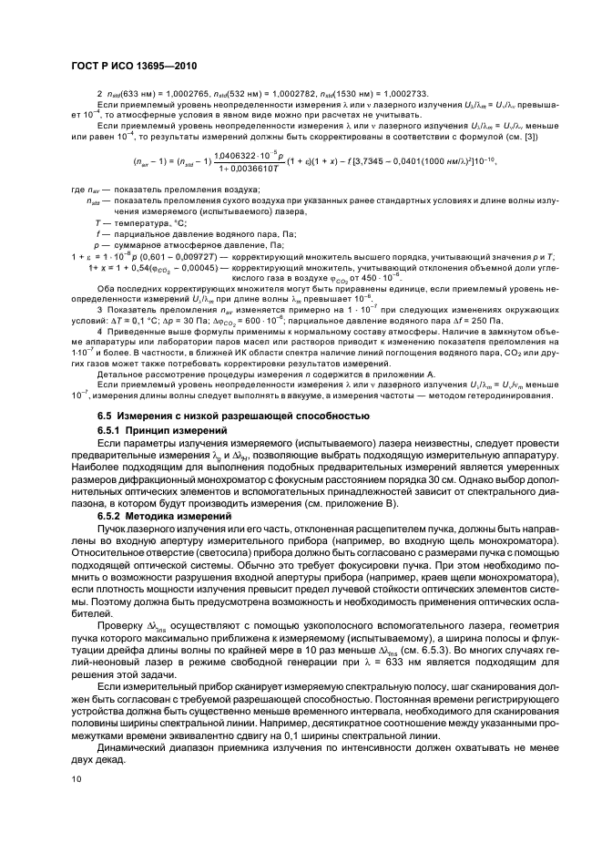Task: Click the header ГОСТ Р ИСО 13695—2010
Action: [131, 67]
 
